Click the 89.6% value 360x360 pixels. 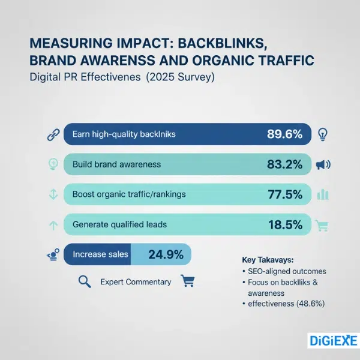tap(284, 134)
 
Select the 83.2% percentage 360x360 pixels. tap(284, 164)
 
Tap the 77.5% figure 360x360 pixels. tap(284, 194)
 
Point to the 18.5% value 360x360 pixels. tap(284, 224)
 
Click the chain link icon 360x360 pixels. tap(52, 134)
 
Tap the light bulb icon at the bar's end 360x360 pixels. tap(323, 134)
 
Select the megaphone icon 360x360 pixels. tap(323, 164)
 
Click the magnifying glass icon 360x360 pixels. tap(85, 281)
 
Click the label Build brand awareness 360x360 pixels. tap(116, 164)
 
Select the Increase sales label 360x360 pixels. tap(100, 254)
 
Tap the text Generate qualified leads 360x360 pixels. tap(119, 224)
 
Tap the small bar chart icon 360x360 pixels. tap(323, 194)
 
